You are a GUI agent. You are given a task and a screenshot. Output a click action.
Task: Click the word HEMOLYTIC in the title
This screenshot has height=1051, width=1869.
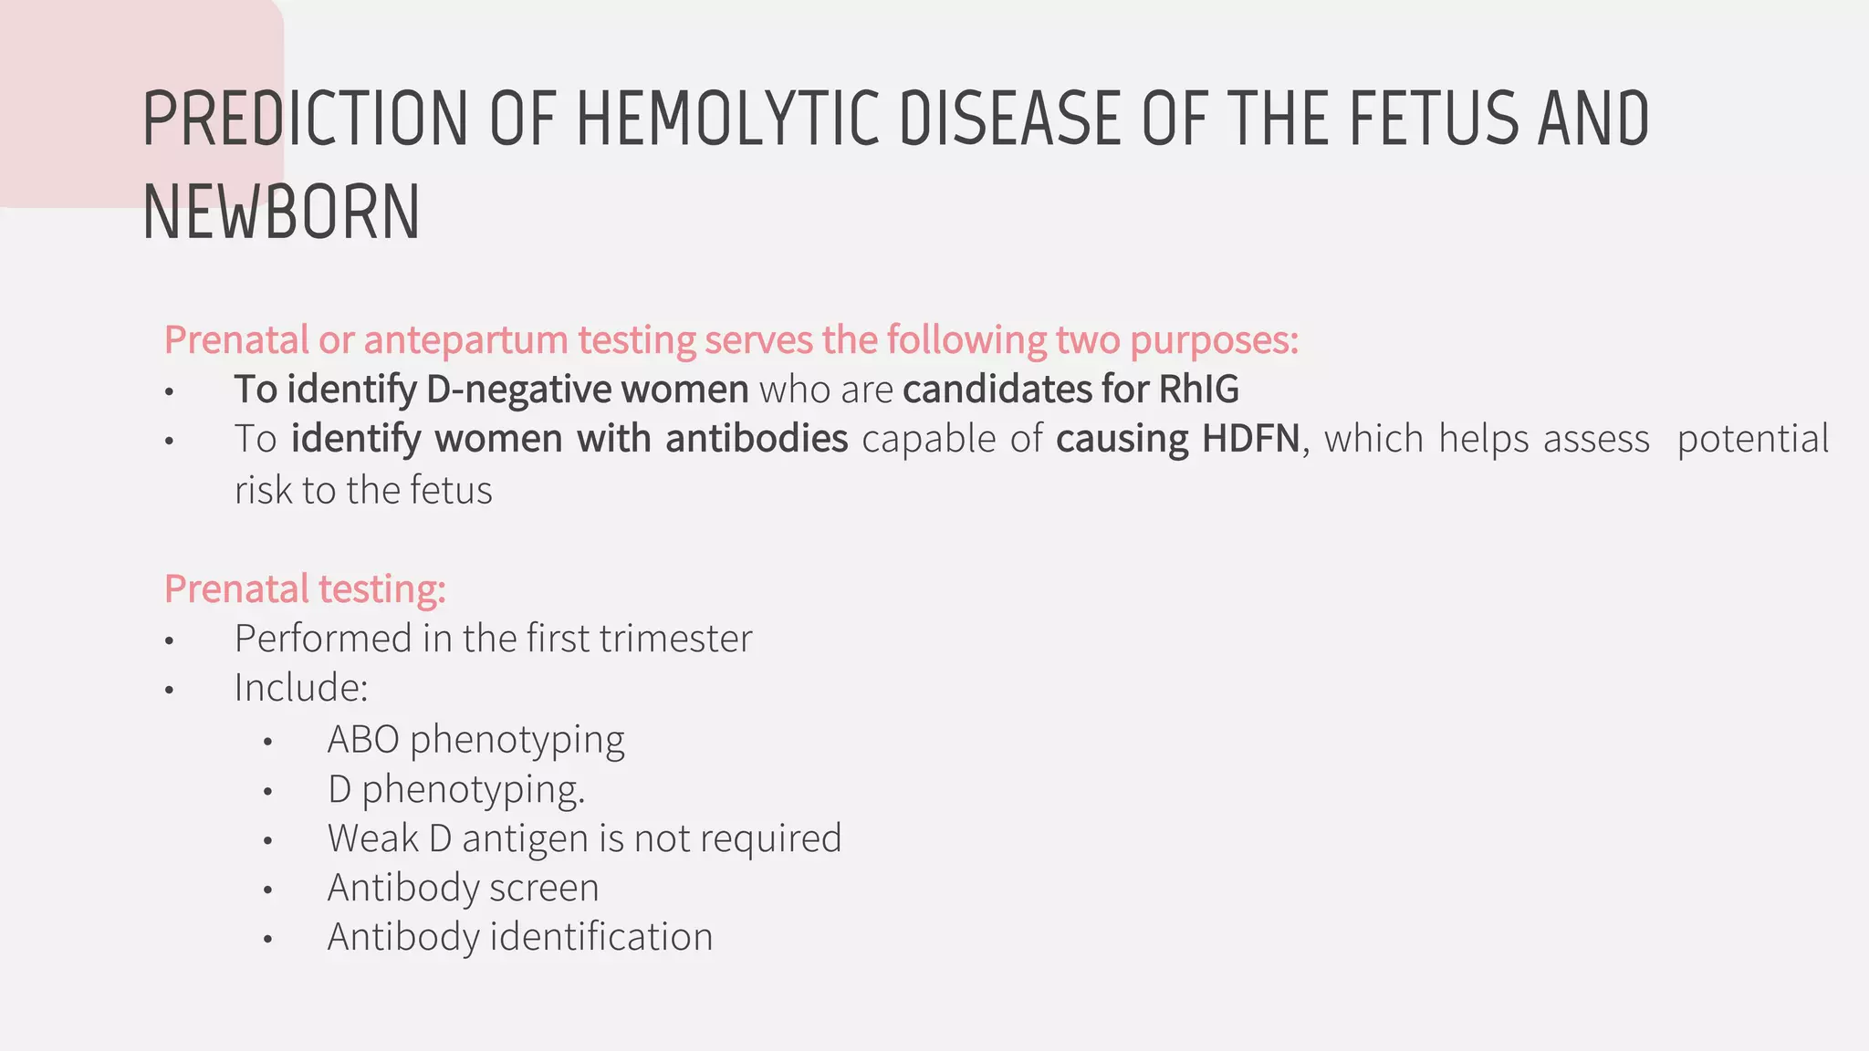(727, 119)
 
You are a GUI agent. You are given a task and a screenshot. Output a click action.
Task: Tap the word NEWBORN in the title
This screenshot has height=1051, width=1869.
(281, 213)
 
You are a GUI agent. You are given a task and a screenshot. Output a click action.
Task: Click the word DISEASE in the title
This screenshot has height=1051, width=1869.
(1009, 119)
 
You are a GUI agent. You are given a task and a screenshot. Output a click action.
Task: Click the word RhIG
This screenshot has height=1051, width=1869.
(1198, 390)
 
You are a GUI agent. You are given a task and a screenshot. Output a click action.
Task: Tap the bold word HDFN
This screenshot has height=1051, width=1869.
(1250, 439)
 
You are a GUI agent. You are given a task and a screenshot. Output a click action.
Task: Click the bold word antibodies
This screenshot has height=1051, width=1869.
(757, 439)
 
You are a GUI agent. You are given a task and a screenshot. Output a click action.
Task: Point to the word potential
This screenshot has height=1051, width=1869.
(1752, 439)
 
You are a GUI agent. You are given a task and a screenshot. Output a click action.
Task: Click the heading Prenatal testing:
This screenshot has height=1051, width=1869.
(305, 588)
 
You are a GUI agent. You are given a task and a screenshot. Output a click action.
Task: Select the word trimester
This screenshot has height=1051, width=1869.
(676, 638)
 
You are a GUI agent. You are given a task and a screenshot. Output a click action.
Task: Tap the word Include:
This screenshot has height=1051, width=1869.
(301, 687)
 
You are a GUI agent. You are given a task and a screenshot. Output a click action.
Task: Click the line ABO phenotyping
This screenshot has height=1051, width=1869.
(475, 739)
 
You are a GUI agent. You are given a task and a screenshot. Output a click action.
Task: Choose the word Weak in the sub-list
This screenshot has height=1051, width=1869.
(372, 838)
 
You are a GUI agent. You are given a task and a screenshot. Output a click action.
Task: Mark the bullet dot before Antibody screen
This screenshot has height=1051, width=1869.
(267, 890)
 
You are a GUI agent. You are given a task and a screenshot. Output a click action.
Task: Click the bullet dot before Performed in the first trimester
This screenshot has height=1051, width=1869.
(169, 640)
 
